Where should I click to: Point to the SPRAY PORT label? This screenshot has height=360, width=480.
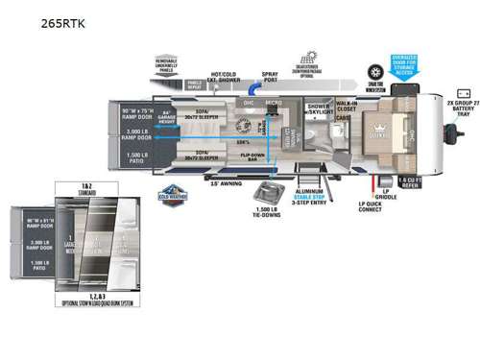278,76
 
